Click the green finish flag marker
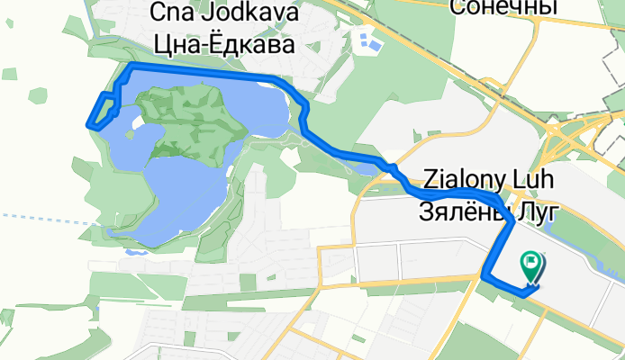pos(531,266)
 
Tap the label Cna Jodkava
pos(219,13)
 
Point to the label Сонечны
pos(503,8)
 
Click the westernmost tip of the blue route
pos(87,124)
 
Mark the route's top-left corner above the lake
pos(131,67)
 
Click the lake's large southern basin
pos(180,193)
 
